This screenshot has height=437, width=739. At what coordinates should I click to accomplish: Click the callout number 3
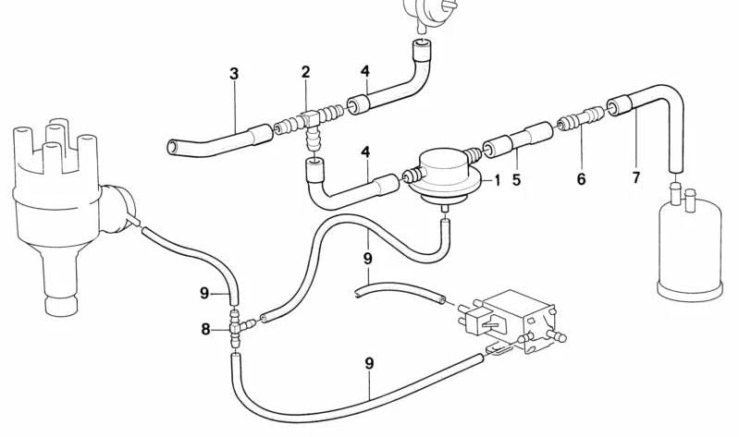pyautogui.click(x=234, y=74)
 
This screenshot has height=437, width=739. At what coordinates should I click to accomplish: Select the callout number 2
pyautogui.click(x=306, y=72)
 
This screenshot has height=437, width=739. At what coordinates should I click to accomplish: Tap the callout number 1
pyautogui.click(x=498, y=180)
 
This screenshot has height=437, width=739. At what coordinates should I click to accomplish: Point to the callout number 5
pyautogui.click(x=517, y=180)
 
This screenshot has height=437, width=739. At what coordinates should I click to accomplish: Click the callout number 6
pyautogui.click(x=581, y=179)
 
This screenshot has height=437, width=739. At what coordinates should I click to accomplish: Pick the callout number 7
pyautogui.click(x=636, y=178)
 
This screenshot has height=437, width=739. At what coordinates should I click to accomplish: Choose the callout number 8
pyautogui.click(x=205, y=329)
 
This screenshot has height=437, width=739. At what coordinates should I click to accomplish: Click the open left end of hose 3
pyautogui.click(x=173, y=147)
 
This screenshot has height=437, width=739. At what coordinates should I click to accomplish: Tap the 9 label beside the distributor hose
pyautogui.click(x=204, y=294)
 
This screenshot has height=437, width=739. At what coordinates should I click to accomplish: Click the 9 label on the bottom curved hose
pyautogui.click(x=369, y=363)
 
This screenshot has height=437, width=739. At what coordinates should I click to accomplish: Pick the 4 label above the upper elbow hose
pyautogui.click(x=365, y=71)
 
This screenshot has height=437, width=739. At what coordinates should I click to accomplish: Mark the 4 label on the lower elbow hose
pyautogui.click(x=365, y=152)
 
